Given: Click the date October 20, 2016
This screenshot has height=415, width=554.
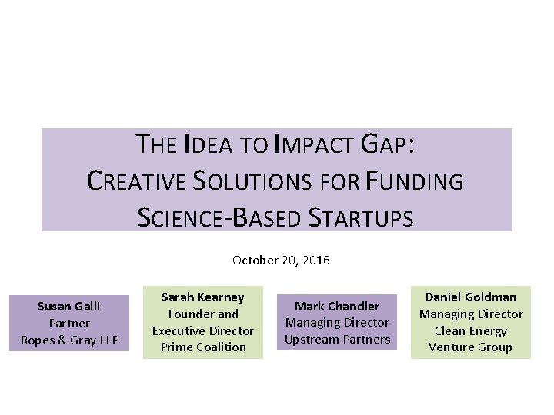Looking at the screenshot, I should click(x=281, y=261).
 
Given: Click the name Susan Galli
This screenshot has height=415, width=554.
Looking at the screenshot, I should click(x=69, y=306).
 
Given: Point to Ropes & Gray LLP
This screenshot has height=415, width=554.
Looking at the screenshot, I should click(x=69, y=340).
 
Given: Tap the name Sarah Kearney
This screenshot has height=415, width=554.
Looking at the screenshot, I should click(x=203, y=297).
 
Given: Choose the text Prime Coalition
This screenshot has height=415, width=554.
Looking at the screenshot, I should click(x=203, y=347).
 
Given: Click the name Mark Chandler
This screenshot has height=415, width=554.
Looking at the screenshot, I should click(x=338, y=306).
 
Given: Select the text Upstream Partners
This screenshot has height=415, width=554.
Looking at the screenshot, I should click(x=338, y=340).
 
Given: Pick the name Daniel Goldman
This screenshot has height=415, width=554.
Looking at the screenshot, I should click(x=470, y=297).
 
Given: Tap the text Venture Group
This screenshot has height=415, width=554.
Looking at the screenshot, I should click(x=470, y=347).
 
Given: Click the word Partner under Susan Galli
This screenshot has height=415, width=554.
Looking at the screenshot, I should click(x=69, y=323).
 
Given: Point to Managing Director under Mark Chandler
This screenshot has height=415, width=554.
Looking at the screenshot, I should click(x=338, y=323).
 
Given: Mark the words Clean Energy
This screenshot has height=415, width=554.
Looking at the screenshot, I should click(x=470, y=330).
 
